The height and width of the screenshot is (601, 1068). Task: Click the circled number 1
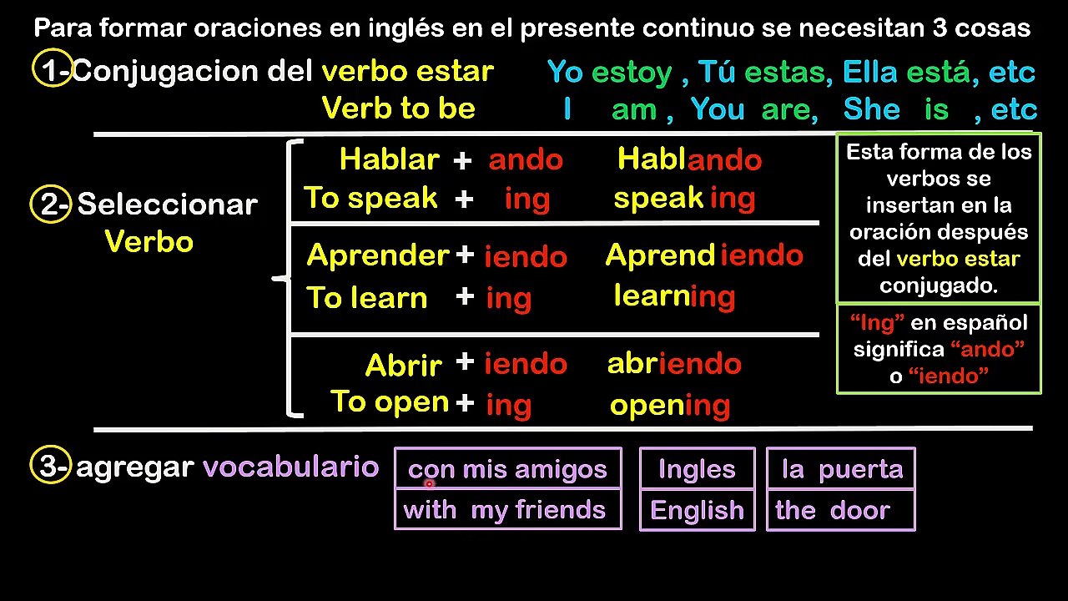(53, 68)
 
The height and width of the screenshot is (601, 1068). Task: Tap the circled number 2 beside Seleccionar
(51, 205)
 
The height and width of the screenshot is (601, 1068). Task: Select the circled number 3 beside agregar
(51, 465)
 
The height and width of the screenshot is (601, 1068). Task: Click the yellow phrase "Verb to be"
(399, 108)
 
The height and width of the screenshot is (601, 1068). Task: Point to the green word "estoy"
(632, 73)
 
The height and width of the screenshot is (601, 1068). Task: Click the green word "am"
(634, 110)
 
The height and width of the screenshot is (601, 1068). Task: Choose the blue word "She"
(872, 109)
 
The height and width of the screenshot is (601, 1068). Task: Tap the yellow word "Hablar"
(390, 159)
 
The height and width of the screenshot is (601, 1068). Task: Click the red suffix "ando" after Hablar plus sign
(526, 159)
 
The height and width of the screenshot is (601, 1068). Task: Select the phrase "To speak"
(371, 197)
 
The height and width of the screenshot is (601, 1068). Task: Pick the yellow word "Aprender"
(378, 255)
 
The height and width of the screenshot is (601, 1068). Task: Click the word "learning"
(674, 296)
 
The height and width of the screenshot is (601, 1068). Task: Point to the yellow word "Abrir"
(404, 366)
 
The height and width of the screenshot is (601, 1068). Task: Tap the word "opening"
(670, 406)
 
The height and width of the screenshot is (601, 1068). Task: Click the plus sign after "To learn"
(465, 296)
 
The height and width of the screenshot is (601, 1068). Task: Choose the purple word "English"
(697, 510)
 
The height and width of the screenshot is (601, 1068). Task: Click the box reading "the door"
(840, 510)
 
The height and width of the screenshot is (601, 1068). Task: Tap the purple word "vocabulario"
(291, 466)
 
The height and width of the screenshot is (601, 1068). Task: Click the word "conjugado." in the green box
(939, 285)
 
